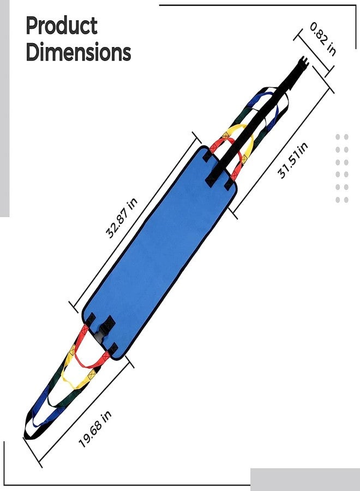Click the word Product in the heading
pyautogui.click(x=62, y=26)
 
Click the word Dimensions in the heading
pyautogui.click(x=78, y=52)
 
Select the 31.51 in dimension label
pyautogui.click(x=293, y=160)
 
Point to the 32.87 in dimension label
pyautogui.click(x=122, y=218)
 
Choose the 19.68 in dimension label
pyautogui.click(x=95, y=429)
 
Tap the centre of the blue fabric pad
pyautogui.click(x=159, y=253)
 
